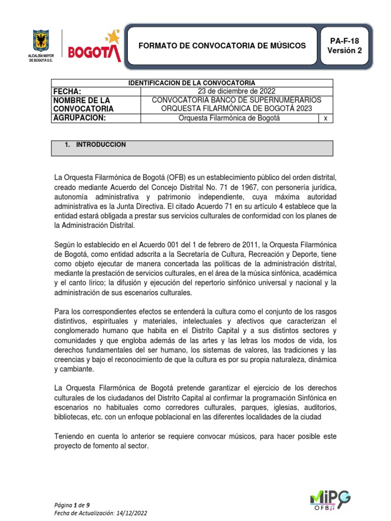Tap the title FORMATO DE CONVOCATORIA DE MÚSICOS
click(222, 46)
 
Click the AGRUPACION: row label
click(79, 118)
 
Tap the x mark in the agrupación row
click(325, 119)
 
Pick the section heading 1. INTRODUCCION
click(96, 144)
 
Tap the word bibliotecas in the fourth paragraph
click(73, 408)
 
